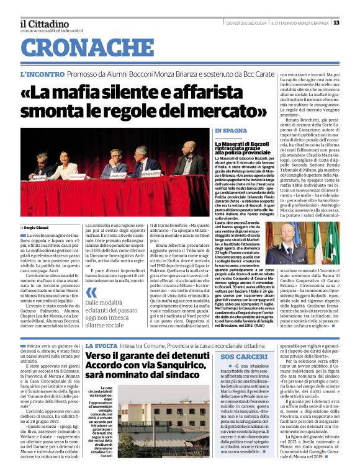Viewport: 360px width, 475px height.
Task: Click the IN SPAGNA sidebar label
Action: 230,131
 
